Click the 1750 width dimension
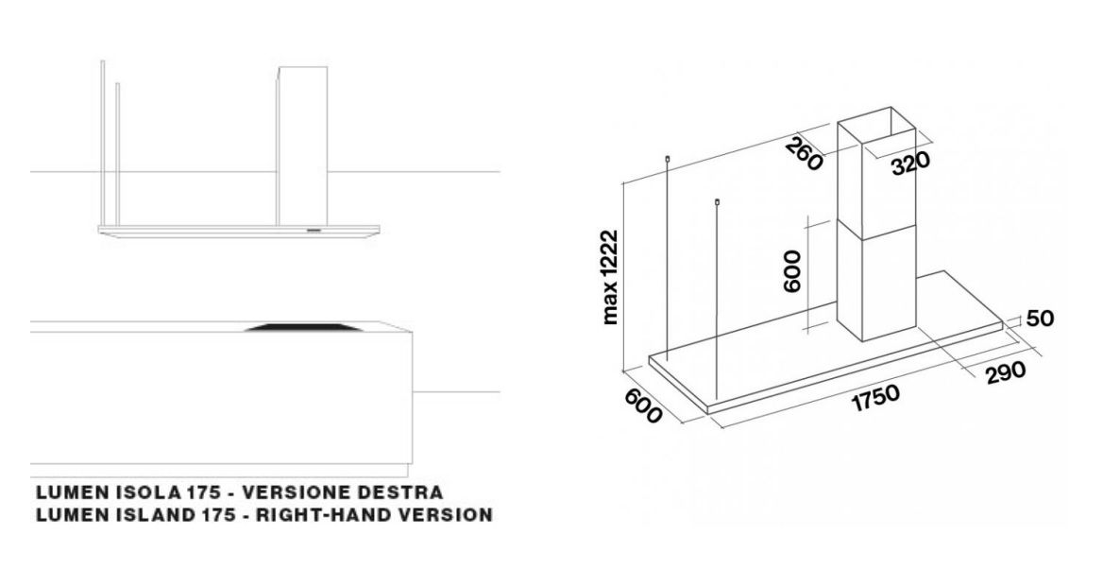click(x=875, y=398)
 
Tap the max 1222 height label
click(x=610, y=277)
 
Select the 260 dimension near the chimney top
click(x=804, y=154)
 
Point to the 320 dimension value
click(x=911, y=164)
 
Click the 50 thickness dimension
click(x=1041, y=319)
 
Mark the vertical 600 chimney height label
click(x=792, y=271)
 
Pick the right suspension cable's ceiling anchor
click(x=716, y=202)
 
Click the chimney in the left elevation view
click(x=302, y=147)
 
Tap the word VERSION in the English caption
click(x=446, y=514)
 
